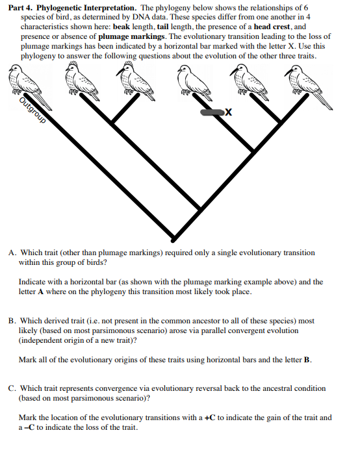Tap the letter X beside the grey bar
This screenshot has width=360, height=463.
[228, 113]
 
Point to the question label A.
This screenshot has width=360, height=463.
[12, 253]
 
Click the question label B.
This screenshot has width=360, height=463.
[12, 321]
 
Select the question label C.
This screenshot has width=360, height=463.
[12, 388]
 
